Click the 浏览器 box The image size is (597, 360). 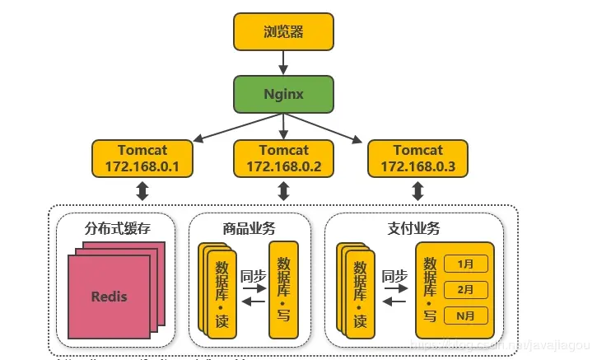click(x=283, y=33)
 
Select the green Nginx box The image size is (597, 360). click(x=283, y=94)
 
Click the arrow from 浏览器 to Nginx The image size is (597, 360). click(x=283, y=63)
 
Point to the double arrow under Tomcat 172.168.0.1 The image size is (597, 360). click(x=142, y=192)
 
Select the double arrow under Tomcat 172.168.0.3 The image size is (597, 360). click(x=417, y=192)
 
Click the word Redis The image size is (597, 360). click(x=110, y=296)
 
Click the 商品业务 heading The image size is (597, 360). click(x=250, y=227)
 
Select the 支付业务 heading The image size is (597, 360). click(x=413, y=227)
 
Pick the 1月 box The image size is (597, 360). click(x=466, y=264)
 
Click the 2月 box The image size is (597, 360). click(x=466, y=289)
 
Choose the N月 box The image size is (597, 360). click(x=466, y=315)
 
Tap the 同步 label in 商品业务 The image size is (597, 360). click(x=252, y=276)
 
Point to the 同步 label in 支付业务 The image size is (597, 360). click(x=395, y=276)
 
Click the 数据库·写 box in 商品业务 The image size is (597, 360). click(x=283, y=290)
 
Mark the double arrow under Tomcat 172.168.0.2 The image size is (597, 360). click(x=283, y=192)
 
